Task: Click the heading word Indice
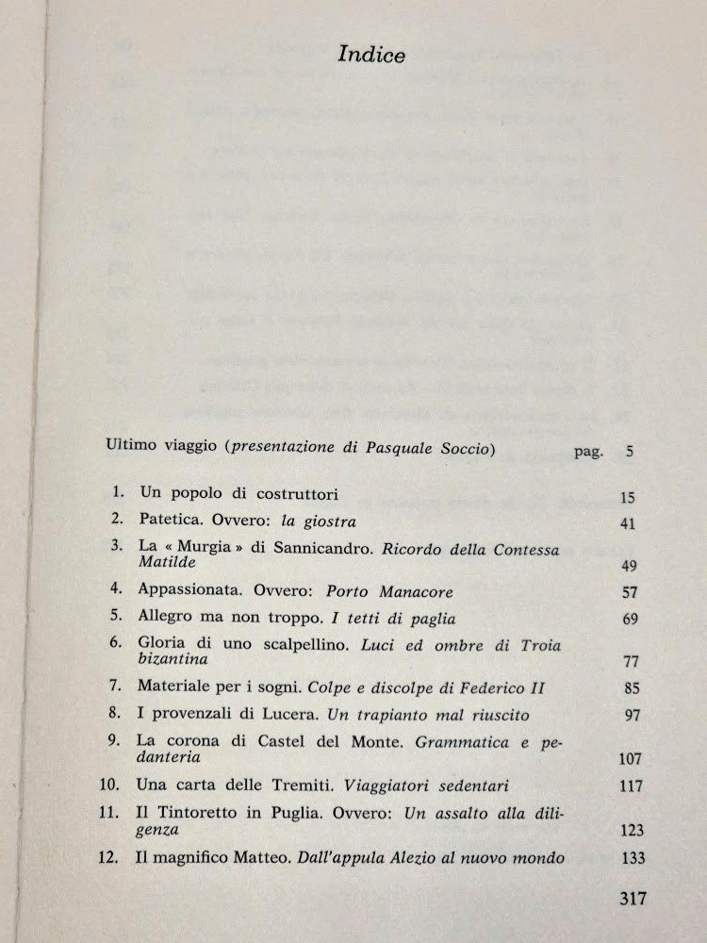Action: pyautogui.click(x=371, y=56)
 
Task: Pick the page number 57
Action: pyautogui.click(x=631, y=593)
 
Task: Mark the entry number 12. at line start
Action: pyautogui.click(x=114, y=857)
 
